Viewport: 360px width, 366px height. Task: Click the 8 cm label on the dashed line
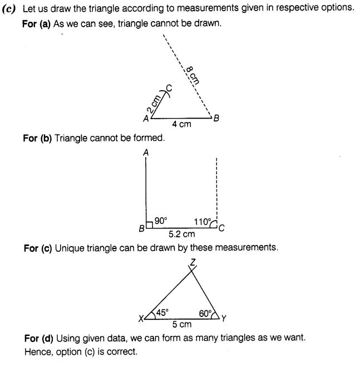[192, 75]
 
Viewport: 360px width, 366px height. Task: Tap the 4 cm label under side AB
[181, 125]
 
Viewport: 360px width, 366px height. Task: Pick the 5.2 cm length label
[181, 235]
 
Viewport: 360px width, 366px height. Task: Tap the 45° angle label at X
[162, 313]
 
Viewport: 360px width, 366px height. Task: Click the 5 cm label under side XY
[182, 324]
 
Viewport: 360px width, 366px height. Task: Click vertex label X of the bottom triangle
[141, 319]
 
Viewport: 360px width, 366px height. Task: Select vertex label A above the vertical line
[145, 152]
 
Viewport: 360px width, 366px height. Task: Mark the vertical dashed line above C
[215, 189]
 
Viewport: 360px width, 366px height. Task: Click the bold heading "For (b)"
[37, 138]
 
